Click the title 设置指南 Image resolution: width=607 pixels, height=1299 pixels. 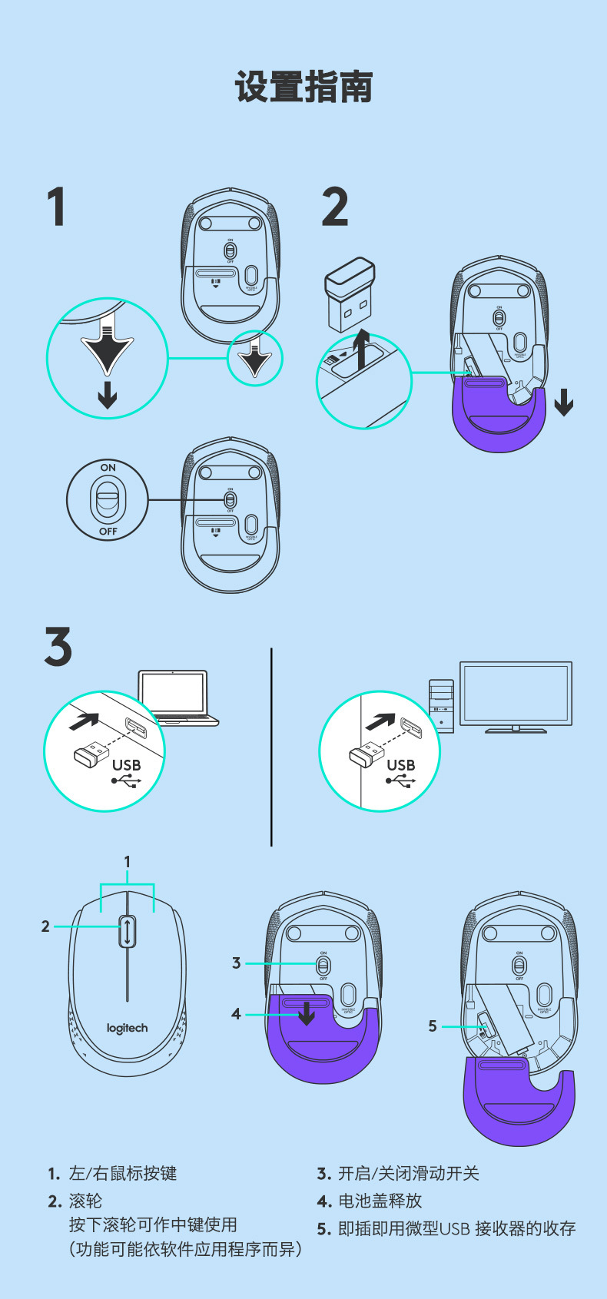303,87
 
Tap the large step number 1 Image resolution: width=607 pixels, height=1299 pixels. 56,207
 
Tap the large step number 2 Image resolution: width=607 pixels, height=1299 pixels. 335,207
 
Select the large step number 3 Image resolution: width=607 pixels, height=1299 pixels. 58,647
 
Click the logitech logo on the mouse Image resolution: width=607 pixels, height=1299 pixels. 128,1028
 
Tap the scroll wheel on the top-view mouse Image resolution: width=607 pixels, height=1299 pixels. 128,931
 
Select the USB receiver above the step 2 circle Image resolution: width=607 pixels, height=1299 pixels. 350,295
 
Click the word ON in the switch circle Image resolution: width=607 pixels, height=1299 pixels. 108,467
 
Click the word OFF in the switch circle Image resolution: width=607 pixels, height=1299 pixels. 108,531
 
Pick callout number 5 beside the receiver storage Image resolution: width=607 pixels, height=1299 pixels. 433,1026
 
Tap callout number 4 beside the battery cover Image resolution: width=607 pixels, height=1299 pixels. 236,1014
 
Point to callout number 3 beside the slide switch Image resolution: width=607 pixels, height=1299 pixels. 236,963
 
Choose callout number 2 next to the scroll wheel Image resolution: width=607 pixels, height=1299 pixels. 45,926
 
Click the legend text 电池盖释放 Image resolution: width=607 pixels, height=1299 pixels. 380,1201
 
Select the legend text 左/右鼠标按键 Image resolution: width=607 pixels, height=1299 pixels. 123,1173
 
